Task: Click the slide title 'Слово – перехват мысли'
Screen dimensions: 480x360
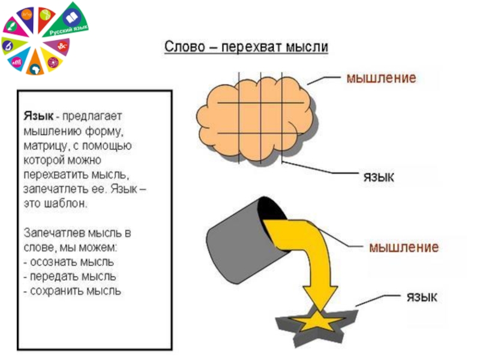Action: click(247, 46)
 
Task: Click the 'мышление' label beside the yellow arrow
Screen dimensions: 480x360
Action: click(403, 247)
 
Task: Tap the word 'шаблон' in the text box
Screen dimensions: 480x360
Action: click(66, 203)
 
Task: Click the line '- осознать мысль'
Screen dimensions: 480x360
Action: click(69, 262)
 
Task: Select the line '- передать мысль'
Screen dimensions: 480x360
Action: click(70, 277)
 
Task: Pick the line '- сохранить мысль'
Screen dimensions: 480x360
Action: click(73, 292)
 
